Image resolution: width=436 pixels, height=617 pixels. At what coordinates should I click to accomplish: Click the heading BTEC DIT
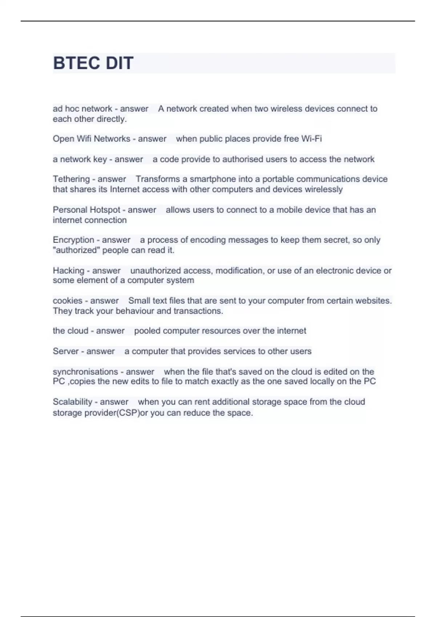tap(93, 63)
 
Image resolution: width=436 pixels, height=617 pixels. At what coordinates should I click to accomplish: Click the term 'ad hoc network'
tap(82, 109)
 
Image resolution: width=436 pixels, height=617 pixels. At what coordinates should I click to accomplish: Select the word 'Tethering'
tap(71, 179)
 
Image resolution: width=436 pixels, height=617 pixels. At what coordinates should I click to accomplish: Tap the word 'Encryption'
tap(73, 240)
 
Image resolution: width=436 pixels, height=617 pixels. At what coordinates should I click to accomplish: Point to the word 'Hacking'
tap(68, 270)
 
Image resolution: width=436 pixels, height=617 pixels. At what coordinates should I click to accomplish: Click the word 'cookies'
tap(68, 301)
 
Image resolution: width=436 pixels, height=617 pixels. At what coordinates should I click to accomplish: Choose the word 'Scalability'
tap(72, 402)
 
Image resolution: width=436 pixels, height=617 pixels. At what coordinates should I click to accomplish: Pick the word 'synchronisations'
tap(85, 372)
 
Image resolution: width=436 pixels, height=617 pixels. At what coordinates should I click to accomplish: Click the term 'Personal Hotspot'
tap(86, 210)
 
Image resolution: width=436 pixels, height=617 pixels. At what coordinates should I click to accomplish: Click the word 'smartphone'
tap(213, 179)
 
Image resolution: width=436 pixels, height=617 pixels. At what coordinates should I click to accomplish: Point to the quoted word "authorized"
tap(76, 250)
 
